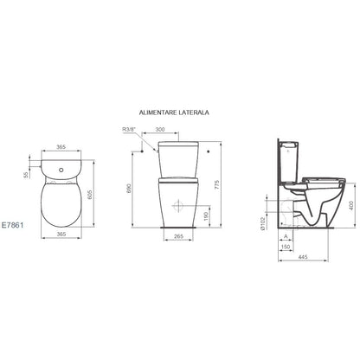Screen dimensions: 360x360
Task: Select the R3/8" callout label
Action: coord(129,130)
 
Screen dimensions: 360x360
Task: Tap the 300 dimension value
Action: coord(160,130)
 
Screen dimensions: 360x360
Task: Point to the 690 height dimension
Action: coord(129,188)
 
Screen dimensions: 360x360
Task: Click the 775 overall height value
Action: coord(217,184)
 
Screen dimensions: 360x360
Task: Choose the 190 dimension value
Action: coord(206,216)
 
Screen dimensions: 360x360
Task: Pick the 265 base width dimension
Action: coord(179,236)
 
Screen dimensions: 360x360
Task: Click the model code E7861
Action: coord(12,225)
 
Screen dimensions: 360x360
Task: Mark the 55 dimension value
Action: coord(26,175)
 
